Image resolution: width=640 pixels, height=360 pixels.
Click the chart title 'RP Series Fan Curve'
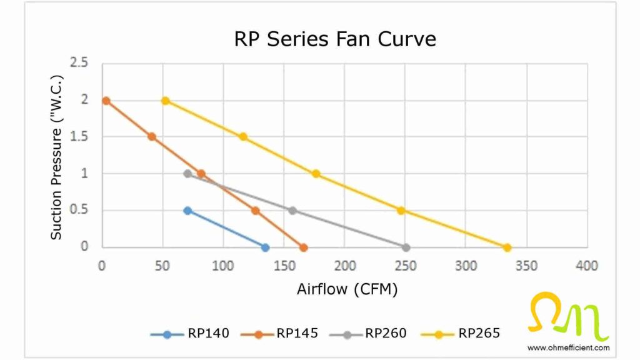[334, 39]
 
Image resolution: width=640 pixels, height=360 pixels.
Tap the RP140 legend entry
[190, 334]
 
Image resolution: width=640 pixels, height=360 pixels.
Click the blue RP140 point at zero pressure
[265, 247]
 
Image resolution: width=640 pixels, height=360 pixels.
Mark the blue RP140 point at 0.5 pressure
[187, 211]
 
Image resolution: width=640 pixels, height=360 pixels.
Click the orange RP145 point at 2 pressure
[106, 101]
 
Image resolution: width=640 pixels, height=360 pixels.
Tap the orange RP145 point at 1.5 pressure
[151, 137]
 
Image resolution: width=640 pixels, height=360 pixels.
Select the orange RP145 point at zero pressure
[304, 247]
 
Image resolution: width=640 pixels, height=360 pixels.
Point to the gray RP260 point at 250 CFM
[406, 247]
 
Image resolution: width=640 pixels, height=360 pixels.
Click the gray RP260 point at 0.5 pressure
[292, 211]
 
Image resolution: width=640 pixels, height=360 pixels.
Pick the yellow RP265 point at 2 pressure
[165, 101]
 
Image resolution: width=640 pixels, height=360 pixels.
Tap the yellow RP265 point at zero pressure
[507, 247]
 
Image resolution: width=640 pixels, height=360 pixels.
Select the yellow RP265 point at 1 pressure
[316, 174]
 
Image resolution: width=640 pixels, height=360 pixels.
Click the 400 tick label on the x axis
[587, 266]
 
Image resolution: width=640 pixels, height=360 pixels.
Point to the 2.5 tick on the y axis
[79, 63]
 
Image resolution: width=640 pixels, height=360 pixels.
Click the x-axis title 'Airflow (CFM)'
[347, 289]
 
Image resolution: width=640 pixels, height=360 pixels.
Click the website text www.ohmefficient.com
[568, 347]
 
